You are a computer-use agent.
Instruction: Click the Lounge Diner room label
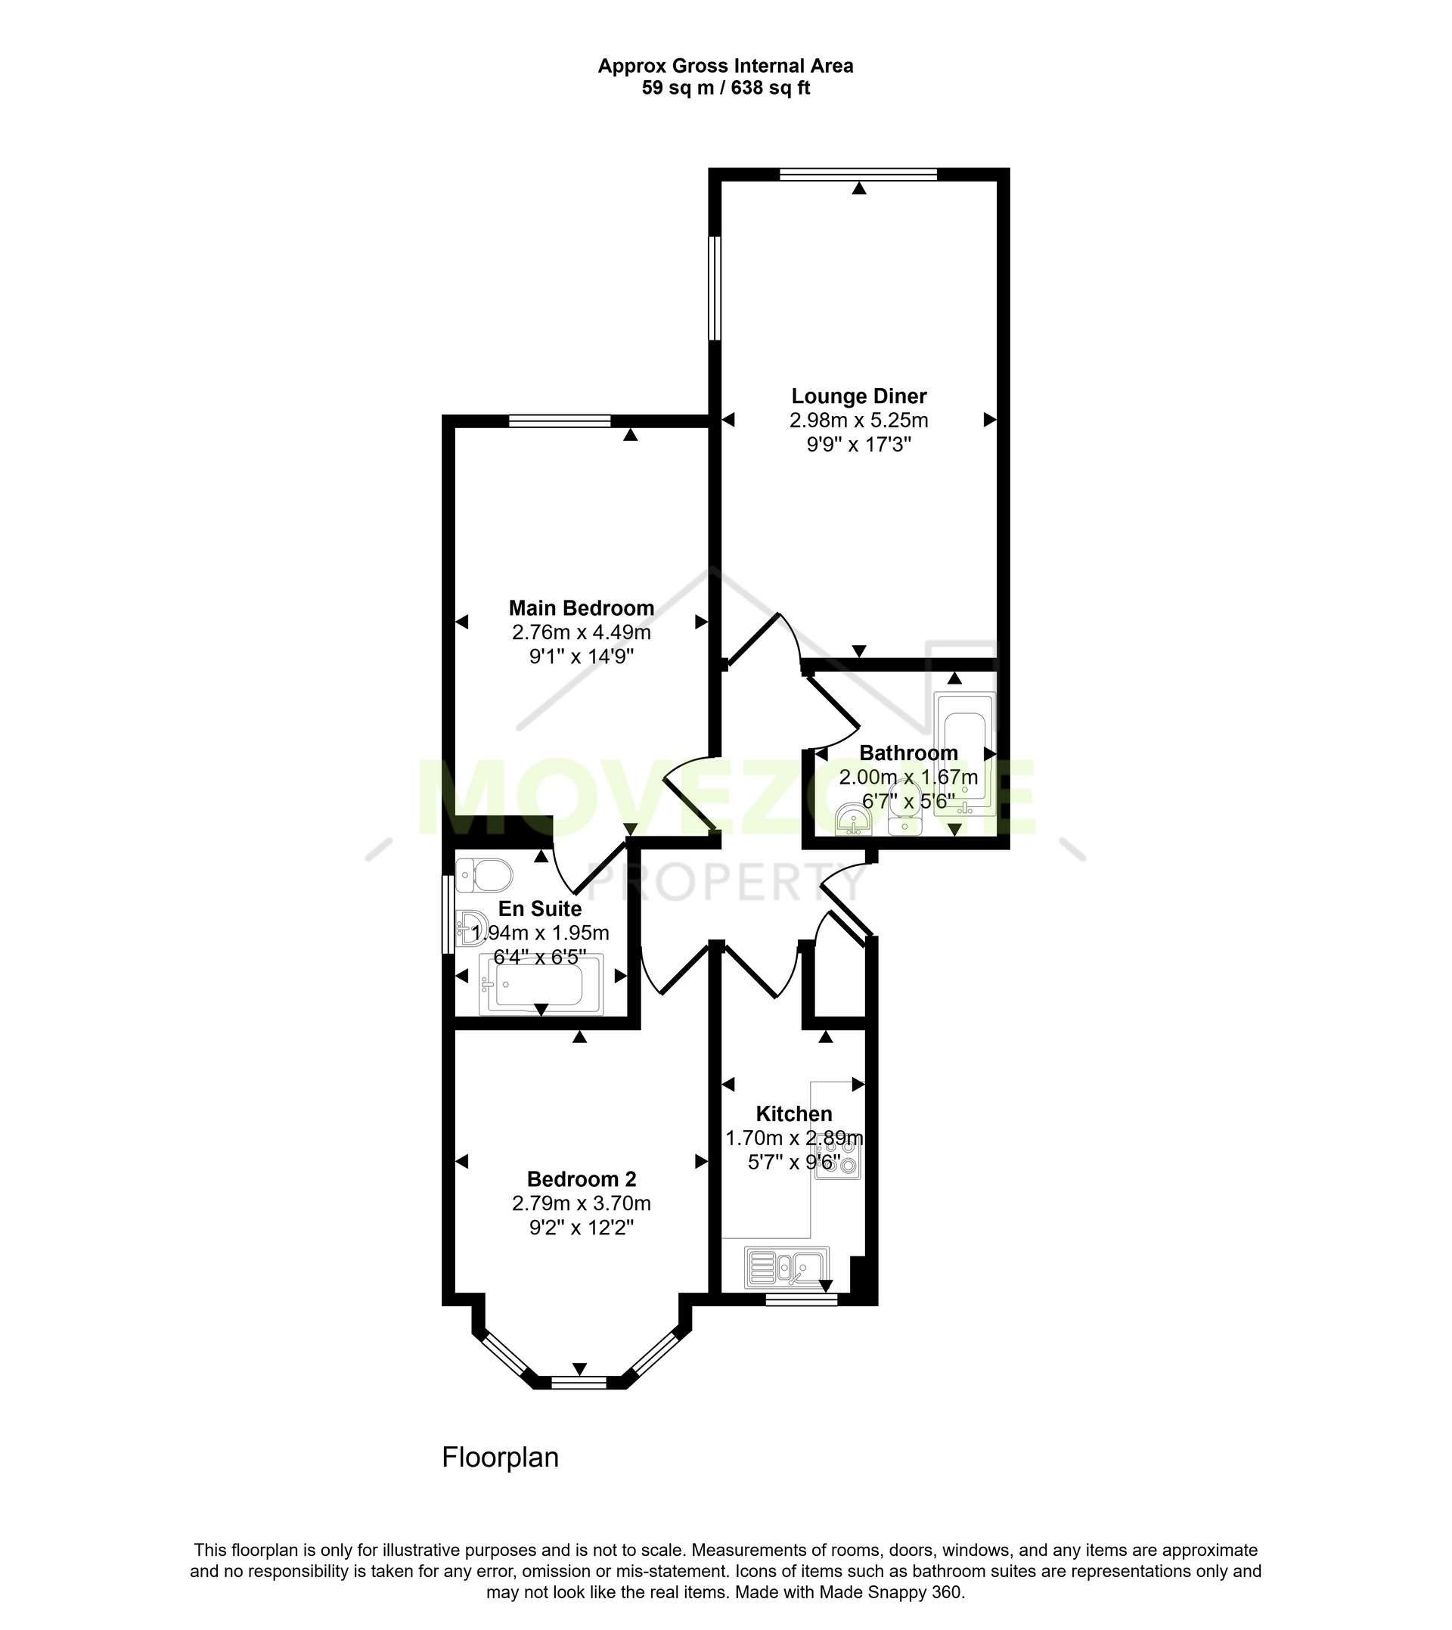[x=858, y=396]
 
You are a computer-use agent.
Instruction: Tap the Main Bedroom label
[x=582, y=608]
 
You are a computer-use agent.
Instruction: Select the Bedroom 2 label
[x=582, y=1178]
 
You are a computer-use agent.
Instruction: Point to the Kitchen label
[x=794, y=1114]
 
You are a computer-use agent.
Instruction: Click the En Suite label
[x=540, y=908]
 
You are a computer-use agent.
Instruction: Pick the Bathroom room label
[x=909, y=753]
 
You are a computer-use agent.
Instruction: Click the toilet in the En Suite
[x=483, y=875]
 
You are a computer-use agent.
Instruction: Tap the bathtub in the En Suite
[x=541, y=985]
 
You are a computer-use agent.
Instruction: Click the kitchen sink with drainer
[x=786, y=1267]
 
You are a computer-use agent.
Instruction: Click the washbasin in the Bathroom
[x=854, y=820]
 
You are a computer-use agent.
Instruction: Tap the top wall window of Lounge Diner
[x=858, y=175]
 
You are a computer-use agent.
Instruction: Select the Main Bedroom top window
[x=560, y=421]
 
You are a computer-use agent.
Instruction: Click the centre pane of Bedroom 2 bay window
[x=579, y=1383]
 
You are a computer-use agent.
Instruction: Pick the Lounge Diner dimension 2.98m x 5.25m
[x=859, y=421]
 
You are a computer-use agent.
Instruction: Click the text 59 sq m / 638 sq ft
[x=726, y=88]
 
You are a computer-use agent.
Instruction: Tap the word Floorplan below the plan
[x=500, y=1458]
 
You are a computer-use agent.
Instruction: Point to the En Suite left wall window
[x=448, y=915]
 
